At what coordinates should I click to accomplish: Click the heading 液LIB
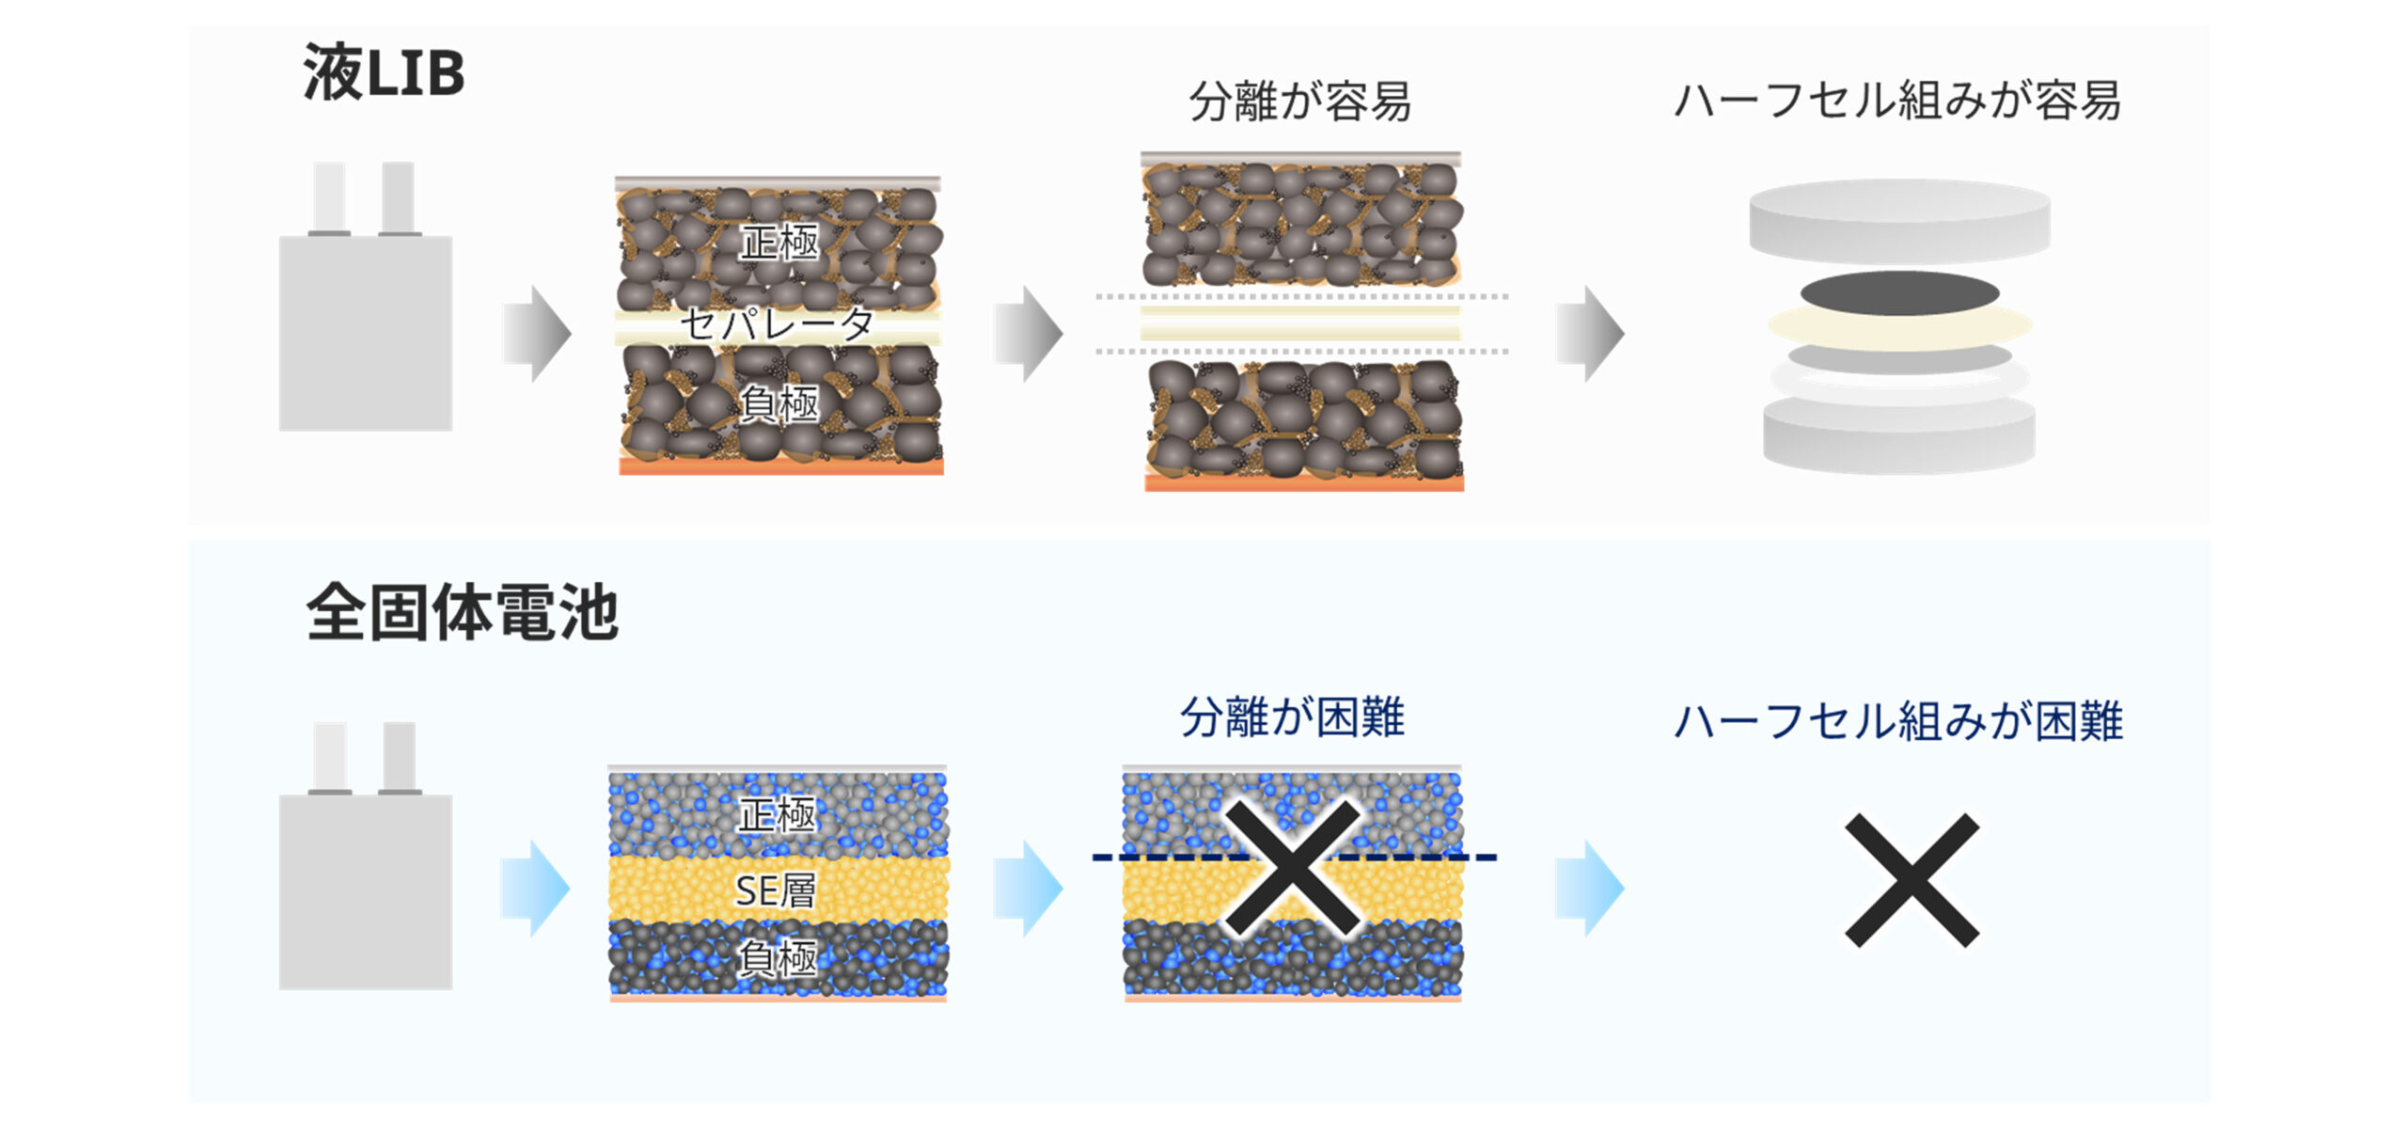point(384,73)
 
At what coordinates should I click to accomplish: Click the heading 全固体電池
point(462,613)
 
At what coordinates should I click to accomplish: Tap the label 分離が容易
point(1299,102)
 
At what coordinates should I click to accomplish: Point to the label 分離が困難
point(1292,718)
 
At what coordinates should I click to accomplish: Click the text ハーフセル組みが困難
point(1898,722)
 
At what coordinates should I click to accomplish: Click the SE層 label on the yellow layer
point(776,890)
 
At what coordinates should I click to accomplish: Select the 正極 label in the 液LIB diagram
point(779,243)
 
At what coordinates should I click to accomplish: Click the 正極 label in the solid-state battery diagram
point(778,814)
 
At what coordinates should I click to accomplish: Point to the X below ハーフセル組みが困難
point(1911,880)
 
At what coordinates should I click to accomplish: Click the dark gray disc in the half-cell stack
point(1899,292)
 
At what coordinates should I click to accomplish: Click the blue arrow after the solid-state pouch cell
point(535,888)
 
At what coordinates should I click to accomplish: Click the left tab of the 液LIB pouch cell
point(329,197)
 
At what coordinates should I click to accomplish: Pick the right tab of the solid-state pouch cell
point(400,758)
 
